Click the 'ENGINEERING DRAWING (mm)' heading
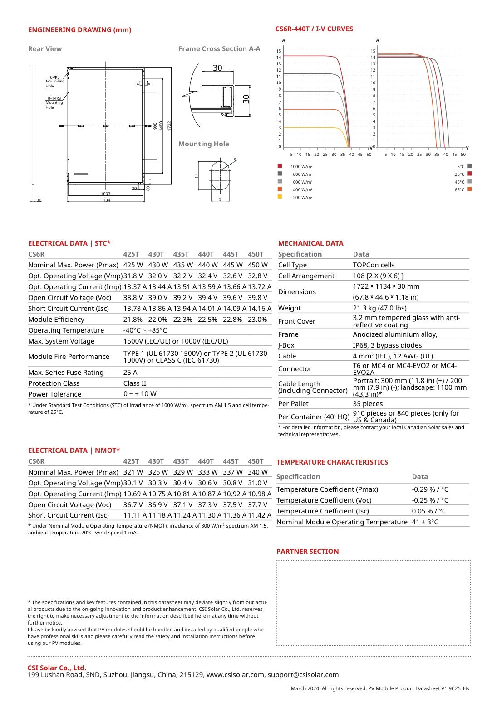(x=79, y=30)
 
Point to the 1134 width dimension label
(x=105, y=200)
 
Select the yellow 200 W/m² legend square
(x=280, y=197)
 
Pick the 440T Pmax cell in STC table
(x=207, y=265)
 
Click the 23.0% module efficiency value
(x=257, y=320)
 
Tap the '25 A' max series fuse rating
(x=130, y=373)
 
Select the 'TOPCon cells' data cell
(x=374, y=265)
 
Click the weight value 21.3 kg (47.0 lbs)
(x=379, y=308)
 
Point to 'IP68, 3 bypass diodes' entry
(x=387, y=345)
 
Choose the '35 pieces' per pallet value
(x=368, y=404)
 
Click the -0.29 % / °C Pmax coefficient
(x=430, y=489)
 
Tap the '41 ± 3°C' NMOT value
(x=425, y=522)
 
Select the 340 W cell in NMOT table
(x=257, y=472)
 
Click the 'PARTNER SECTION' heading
(x=307, y=552)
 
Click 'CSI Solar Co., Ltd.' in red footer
(x=57, y=668)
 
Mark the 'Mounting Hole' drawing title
(x=203, y=144)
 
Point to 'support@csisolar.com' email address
(x=303, y=675)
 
